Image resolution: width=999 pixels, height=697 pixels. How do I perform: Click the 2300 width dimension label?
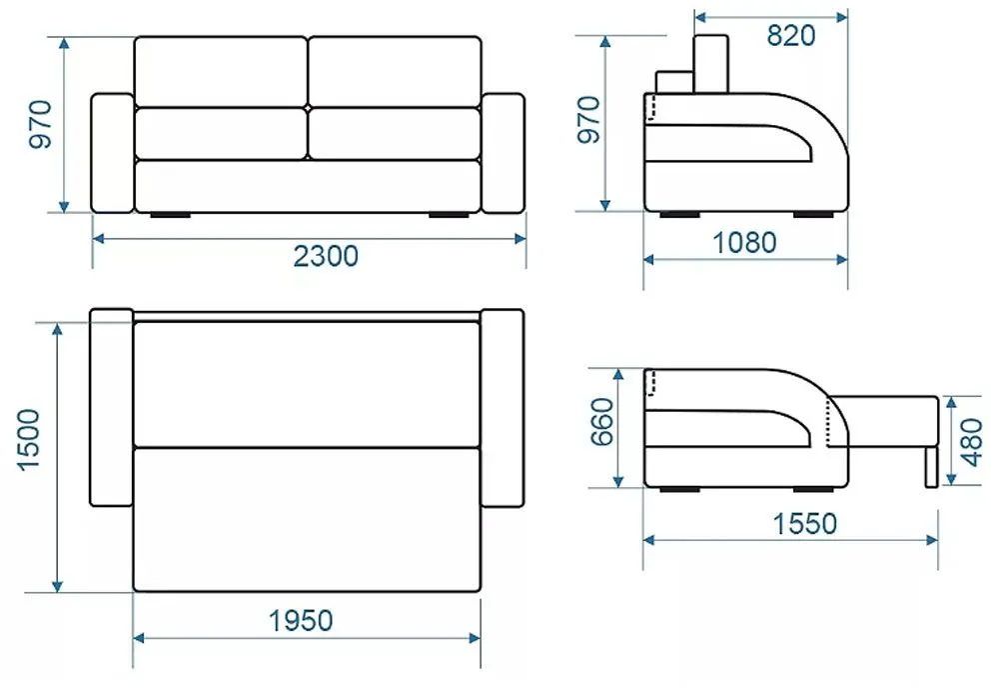(326, 256)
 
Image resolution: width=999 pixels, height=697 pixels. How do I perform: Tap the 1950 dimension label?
(301, 620)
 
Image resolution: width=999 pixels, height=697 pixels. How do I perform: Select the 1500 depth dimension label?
(29, 441)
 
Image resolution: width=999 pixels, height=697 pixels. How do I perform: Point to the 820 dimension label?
(790, 35)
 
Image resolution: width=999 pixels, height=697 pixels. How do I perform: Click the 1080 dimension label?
(744, 242)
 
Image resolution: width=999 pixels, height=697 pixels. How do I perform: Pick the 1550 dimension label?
(804, 524)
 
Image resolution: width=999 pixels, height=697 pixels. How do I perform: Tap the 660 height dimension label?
(602, 422)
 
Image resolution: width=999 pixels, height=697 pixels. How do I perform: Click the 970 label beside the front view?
(40, 124)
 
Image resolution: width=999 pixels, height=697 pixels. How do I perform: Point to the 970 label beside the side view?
(588, 120)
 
